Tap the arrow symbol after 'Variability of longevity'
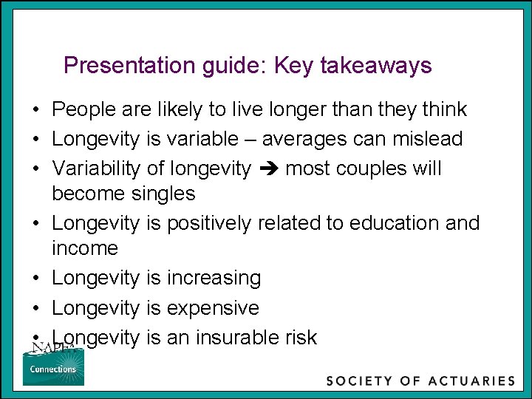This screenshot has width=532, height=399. pos(268,169)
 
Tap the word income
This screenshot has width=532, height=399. pos(84,248)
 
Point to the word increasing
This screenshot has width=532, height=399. pos(214,279)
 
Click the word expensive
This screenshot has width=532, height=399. pos(213,308)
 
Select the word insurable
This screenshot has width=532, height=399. pos(241,338)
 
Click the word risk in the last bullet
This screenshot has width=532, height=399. pos(300,338)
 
